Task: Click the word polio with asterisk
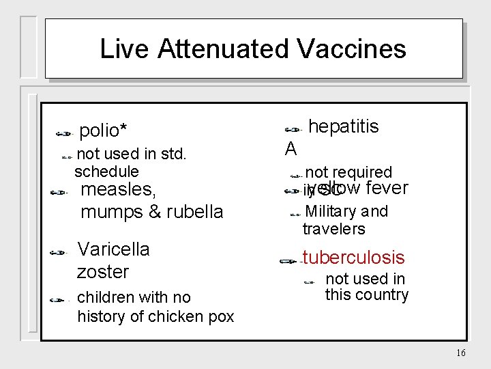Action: (x=104, y=130)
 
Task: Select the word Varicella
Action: (x=113, y=249)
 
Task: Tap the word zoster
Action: (x=103, y=271)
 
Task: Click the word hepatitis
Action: (x=344, y=126)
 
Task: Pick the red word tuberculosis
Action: (x=354, y=258)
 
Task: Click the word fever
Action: (x=387, y=188)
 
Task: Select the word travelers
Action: (x=333, y=229)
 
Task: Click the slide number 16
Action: (x=460, y=353)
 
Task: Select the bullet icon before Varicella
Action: (x=61, y=252)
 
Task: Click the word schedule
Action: (x=106, y=172)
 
